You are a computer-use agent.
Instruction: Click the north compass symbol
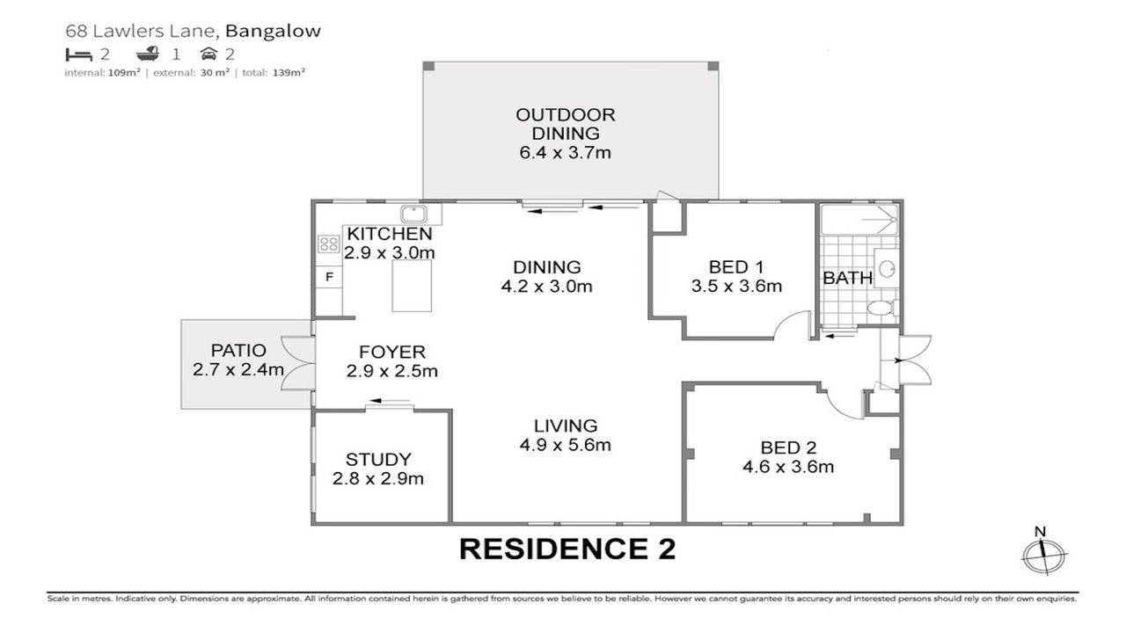pyautogui.click(x=1043, y=554)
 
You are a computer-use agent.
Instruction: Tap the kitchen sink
pyautogui.click(x=413, y=214)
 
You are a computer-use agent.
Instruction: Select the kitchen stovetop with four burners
pyautogui.click(x=329, y=244)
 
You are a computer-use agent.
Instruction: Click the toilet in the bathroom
pyautogui.click(x=880, y=308)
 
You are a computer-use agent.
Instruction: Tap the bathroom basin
pyautogui.click(x=886, y=267)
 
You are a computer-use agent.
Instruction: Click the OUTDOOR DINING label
pyautogui.click(x=565, y=124)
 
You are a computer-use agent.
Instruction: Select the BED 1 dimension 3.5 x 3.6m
pyautogui.click(x=736, y=286)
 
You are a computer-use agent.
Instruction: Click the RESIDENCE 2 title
pyautogui.click(x=567, y=549)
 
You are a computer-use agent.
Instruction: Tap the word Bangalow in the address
pyautogui.click(x=273, y=31)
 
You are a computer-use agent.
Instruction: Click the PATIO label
pyautogui.click(x=238, y=349)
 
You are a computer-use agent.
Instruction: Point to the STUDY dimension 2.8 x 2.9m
pyautogui.click(x=378, y=479)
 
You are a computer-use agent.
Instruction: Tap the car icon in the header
pyautogui.click(x=208, y=54)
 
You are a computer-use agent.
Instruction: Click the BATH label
pyautogui.click(x=847, y=278)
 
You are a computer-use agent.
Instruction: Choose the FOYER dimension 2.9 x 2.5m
pyautogui.click(x=392, y=371)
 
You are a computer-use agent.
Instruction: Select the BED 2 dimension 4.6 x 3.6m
pyautogui.click(x=788, y=467)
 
